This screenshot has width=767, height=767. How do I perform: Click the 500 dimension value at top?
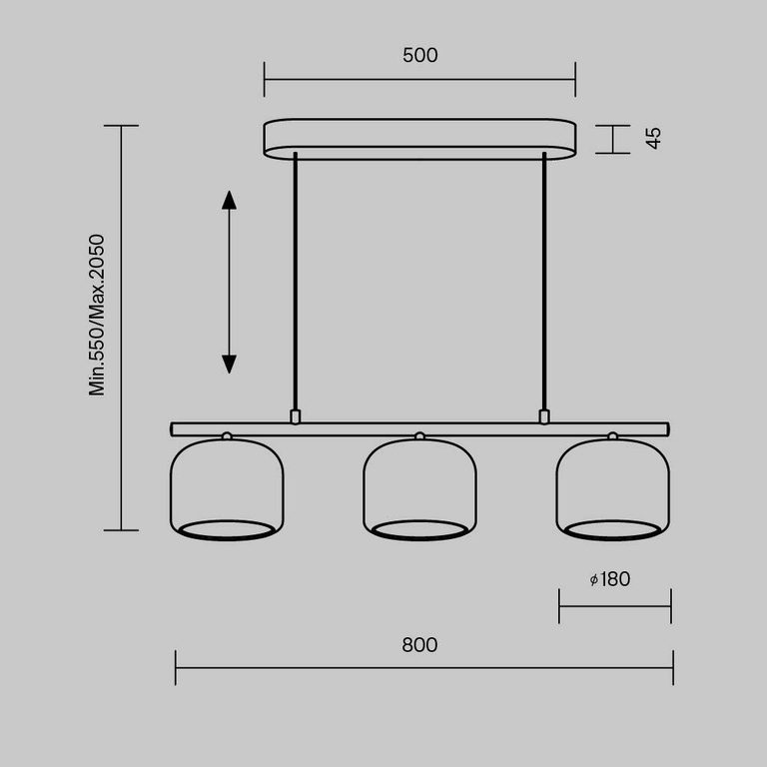tap(419, 56)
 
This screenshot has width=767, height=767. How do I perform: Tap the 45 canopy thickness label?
tap(653, 138)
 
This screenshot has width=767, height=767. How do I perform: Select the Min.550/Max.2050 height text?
tap(97, 316)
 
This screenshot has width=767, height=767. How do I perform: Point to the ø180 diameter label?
tap(610, 579)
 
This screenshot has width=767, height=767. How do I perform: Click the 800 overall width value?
tap(419, 645)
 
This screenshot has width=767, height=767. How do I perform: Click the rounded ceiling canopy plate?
tap(419, 139)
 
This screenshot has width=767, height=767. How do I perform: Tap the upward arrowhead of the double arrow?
tap(229, 199)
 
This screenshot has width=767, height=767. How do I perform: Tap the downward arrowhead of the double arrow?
tap(229, 364)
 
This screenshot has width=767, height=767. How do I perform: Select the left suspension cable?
tap(295, 280)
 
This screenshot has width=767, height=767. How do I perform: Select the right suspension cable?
tap(544, 280)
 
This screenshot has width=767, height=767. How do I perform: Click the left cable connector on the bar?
tap(295, 415)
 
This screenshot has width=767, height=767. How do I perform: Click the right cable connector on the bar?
tap(544, 415)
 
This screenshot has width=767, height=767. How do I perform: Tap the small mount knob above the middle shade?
tap(419, 436)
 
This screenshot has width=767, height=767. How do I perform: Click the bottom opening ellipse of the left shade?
tap(227, 529)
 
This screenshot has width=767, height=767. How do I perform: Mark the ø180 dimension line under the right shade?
tap(614, 605)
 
